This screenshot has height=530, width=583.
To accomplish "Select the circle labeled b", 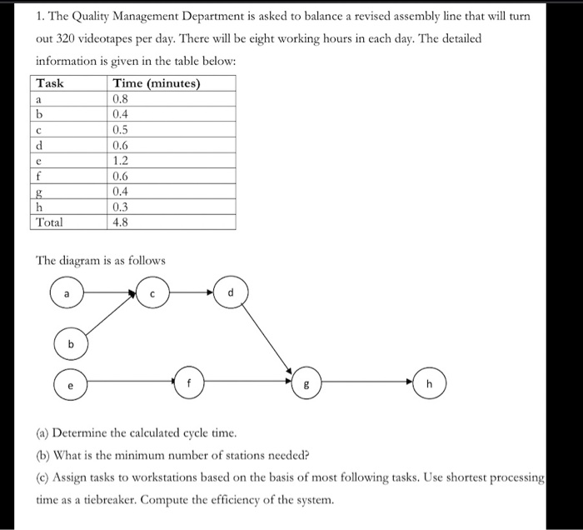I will pos(72,344).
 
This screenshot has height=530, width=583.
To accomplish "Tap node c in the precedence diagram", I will pos(152,293).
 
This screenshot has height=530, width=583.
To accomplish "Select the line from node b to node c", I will pos(110,320).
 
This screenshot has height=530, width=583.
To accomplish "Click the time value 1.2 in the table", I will pos(122,161).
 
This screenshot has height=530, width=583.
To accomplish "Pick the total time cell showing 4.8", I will pos(122,222).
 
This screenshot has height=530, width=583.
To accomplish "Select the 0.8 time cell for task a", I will pos(122,99).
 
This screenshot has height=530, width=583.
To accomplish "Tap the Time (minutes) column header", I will pos(156,83).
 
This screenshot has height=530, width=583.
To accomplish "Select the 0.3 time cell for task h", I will pos(122,207).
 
